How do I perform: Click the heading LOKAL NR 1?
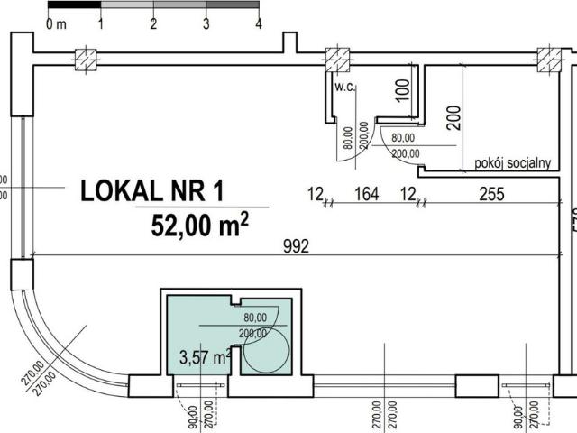pos(151,191)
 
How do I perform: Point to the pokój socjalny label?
pos(512,165)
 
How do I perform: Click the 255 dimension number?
pos(490,193)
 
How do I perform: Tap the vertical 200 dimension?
pos(453,118)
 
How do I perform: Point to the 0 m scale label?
pos(56,24)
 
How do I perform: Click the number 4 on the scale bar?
pos(259,24)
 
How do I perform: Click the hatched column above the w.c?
pos(337,59)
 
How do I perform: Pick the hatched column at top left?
pos(86,59)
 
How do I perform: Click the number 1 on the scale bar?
pos(100,24)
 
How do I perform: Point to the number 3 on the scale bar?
pos(206,24)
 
